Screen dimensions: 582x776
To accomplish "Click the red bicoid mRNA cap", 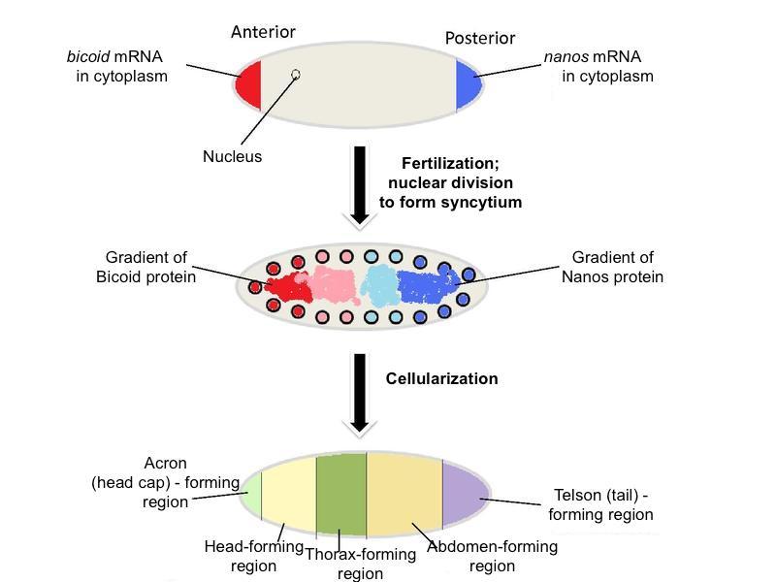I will click(x=248, y=85).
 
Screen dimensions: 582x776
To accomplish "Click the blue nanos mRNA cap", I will click(x=469, y=85).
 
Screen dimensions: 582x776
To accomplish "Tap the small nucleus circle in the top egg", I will click(x=296, y=74).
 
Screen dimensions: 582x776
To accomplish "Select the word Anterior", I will click(x=263, y=32).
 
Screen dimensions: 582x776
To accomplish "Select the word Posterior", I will click(x=479, y=39).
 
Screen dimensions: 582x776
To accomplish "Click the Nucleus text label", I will click(x=233, y=156).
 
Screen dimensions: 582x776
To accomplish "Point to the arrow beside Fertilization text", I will click(x=360, y=185).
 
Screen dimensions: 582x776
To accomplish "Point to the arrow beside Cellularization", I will click(x=360, y=392).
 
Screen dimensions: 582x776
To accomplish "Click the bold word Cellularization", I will click(x=442, y=378).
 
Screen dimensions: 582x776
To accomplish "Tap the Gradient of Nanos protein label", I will click(x=612, y=268).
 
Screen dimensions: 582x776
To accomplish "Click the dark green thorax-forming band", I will click(x=341, y=496).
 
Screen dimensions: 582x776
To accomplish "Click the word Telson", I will click(x=578, y=495).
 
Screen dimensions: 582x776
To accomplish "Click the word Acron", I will click(x=165, y=462).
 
